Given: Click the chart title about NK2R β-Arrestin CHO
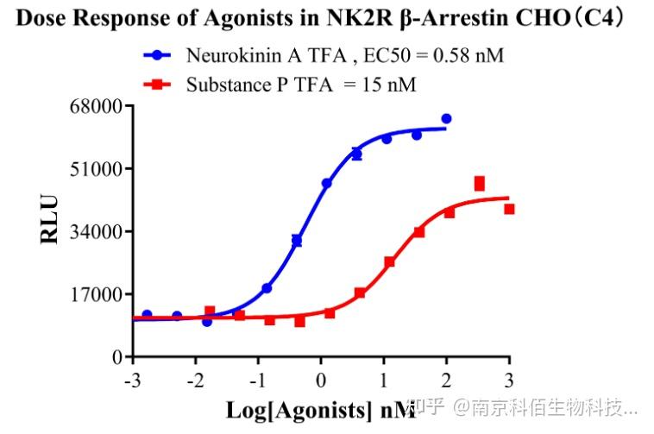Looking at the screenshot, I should [326, 19].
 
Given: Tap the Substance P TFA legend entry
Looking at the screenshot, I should [301, 85].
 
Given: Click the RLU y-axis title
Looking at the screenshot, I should [50, 220].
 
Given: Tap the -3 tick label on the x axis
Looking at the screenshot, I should [132, 380].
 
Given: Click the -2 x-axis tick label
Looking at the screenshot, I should [195, 380].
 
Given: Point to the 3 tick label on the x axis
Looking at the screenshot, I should [509, 380].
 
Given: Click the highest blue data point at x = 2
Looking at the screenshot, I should [446, 118].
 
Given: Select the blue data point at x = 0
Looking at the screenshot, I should [326, 183].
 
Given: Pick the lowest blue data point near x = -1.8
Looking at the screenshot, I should [207, 321].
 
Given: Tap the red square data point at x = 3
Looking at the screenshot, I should [509, 209].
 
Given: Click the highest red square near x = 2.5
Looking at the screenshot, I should [479, 182].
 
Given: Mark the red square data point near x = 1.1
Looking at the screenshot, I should [389, 261].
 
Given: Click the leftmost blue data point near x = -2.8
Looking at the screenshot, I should [147, 315].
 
